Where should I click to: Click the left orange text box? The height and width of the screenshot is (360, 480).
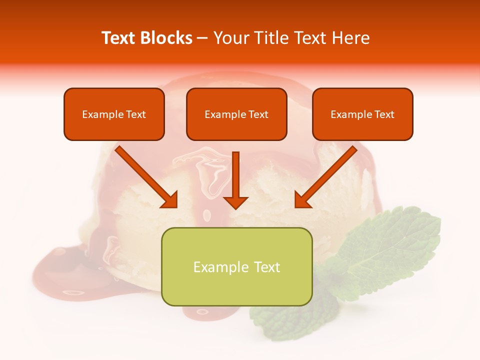coord(114,114)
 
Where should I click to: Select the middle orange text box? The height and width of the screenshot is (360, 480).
coord(236,114)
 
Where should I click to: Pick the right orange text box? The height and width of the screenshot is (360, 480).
coord(362,114)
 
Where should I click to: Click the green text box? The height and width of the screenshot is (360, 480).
coord(236,266)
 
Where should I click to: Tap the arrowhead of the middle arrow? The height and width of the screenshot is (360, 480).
coord(235,202)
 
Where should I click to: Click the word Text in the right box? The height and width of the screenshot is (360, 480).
coord(384,114)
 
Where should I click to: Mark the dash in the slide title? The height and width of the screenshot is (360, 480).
coord(202,38)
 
